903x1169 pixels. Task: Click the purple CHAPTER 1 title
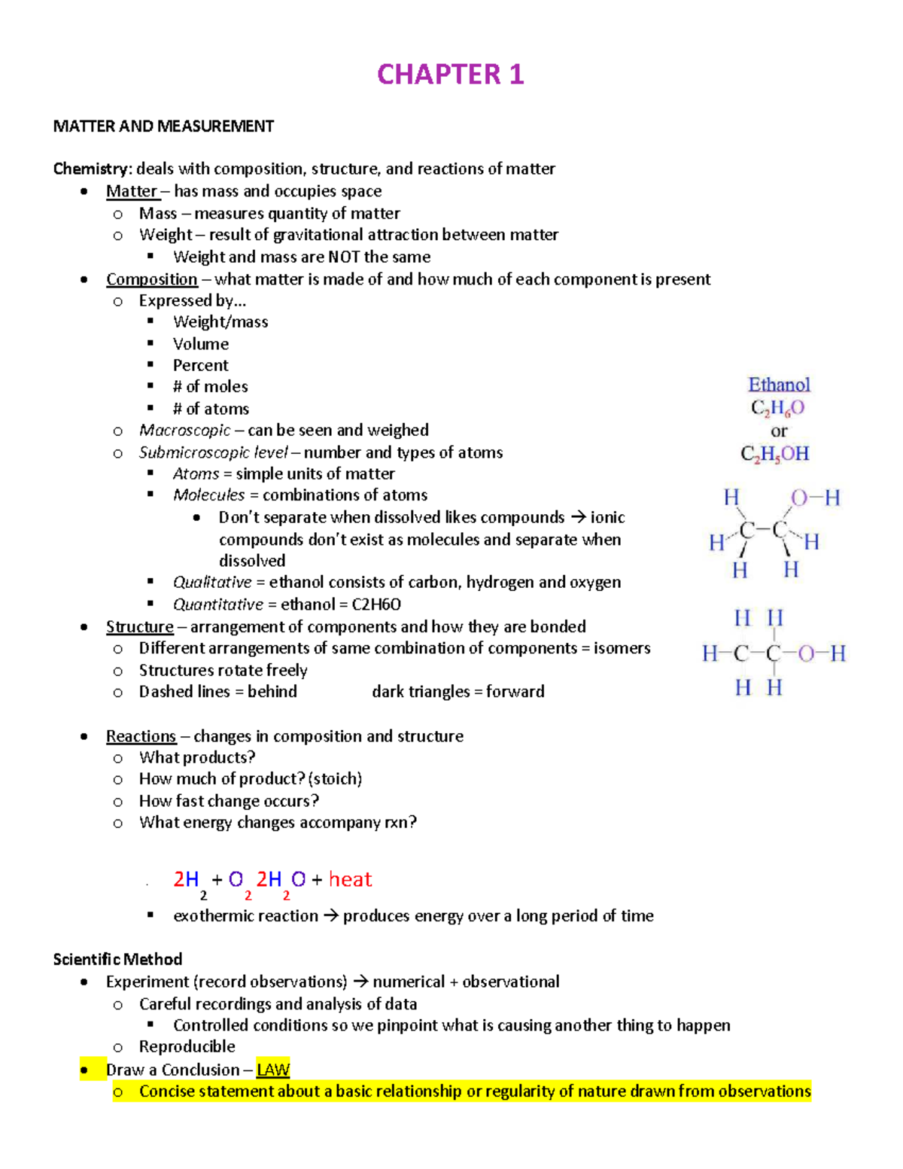(450, 75)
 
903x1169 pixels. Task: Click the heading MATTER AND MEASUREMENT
(163, 126)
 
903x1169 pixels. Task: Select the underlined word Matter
(132, 191)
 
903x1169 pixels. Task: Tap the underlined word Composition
(151, 279)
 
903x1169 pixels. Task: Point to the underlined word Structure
(139, 627)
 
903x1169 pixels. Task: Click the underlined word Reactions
(141, 736)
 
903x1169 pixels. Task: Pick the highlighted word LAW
(273, 1070)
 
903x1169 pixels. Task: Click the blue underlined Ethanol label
(779, 385)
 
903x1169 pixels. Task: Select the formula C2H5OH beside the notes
(775, 454)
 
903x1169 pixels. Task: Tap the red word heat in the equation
(350, 879)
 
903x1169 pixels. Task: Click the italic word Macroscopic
(184, 431)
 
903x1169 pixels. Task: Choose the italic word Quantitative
(218, 604)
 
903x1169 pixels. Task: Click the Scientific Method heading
(117, 960)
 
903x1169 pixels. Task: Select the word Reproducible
(187, 1047)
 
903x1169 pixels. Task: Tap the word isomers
(622, 648)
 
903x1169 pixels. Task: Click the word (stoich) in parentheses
(335, 779)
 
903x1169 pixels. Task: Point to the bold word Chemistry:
(93, 169)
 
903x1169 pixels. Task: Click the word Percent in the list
(200, 366)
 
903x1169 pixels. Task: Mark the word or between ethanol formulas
(779, 431)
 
